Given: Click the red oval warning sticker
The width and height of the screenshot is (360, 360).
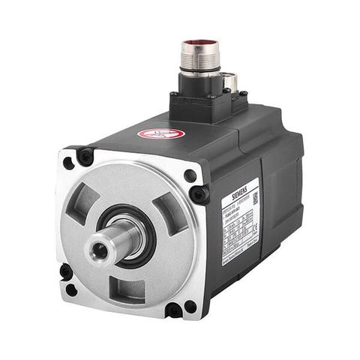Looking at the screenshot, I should [161, 133].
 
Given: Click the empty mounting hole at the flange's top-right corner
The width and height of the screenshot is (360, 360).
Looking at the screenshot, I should [190, 176].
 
